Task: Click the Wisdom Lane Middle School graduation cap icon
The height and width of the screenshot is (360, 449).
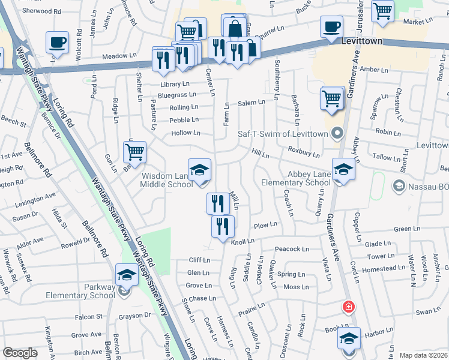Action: (x=199, y=170)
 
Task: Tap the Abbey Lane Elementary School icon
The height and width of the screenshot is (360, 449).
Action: (x=343, y=170)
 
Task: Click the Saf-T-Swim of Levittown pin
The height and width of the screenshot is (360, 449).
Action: (x=337, y=133)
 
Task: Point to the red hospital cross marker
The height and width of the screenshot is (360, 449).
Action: (x=348, y=308)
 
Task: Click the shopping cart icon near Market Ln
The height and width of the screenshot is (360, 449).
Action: (x=382, y=10)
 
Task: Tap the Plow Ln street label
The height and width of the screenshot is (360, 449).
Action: (x=265, y=226)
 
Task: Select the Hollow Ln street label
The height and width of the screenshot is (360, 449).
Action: (x=185, y=132)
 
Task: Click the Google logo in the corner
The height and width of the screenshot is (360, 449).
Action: (x=20, y=353)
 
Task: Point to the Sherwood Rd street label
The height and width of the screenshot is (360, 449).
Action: (x=41, y=11)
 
